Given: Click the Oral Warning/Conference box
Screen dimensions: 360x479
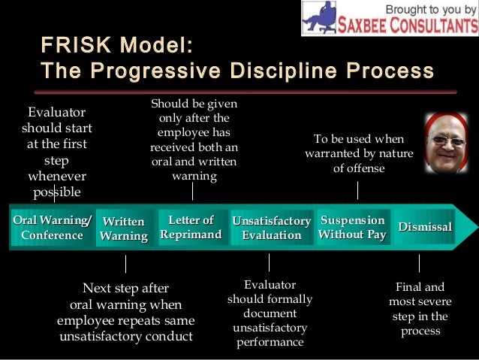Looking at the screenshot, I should pos(52,228).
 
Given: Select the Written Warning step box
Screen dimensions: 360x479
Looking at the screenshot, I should pos(124,228).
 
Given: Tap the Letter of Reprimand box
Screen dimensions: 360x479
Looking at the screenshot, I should pos(191,228).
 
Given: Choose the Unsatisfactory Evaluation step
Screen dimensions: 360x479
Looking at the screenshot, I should pos(271,228).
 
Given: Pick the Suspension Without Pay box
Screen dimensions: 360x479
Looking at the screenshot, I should pos(352,227).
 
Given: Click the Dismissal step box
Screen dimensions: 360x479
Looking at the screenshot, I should pos(425,227).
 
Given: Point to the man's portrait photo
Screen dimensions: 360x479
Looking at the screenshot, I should pos(446,143).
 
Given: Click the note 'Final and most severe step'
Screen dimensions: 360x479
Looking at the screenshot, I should pos(420,309).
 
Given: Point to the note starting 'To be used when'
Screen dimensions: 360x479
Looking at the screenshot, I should pos(359,154).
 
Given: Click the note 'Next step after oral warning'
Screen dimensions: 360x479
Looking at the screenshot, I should pos(125,312).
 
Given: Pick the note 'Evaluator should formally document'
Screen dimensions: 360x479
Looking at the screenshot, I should pos(270,313).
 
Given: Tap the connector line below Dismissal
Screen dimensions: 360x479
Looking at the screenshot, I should pos(419,263).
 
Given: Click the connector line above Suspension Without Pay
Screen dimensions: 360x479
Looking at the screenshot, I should pos(357,191).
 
